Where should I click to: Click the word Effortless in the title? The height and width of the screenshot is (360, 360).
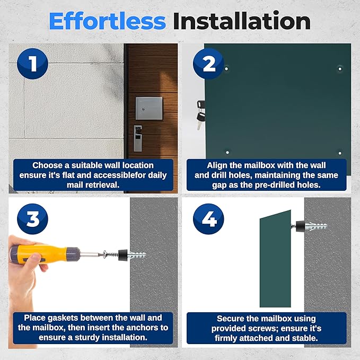[x=107, y=21]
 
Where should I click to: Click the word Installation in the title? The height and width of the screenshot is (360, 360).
[x=242, y=21]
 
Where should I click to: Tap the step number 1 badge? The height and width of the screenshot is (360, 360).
[x=32, y=64]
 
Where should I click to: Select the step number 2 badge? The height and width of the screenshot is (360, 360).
[x=208, y=64]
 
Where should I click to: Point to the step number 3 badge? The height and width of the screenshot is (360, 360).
[x=32, y=219]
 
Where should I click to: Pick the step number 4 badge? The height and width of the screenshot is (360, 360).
[x=208, y=219]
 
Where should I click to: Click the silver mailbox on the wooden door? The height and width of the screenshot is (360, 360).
[x=149, y=108]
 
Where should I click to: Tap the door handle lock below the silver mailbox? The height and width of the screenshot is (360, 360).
[x=138, y=138]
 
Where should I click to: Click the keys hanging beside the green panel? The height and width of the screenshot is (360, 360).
[x=200, y=115]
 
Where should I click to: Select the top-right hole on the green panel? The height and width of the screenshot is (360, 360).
[x=340, y=68]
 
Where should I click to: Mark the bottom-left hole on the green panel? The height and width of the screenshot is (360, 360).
[x=227, y=152]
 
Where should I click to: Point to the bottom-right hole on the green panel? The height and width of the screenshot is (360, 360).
[x=340, y=153]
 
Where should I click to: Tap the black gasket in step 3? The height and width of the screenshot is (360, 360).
[x=123, y=255]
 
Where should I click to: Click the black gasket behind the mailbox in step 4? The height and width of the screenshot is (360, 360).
[x=300, y=226]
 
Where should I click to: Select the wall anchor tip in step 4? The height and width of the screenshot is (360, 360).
[x=326, y=226]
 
